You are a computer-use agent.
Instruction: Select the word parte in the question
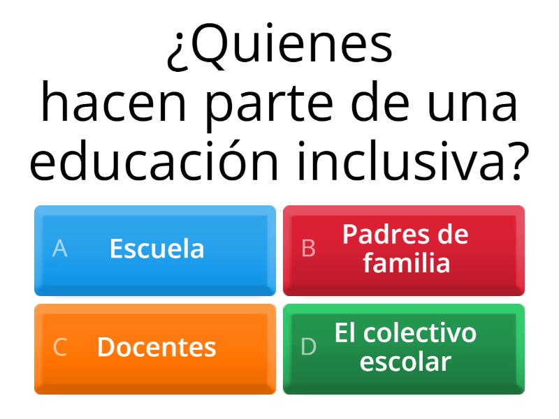click(270, 106)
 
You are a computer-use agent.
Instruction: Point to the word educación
click(154, 160)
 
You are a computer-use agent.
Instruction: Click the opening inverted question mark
click(178, 51)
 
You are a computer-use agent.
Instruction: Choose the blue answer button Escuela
click(155, 251)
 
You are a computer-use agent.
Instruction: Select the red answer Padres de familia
click(404, 251)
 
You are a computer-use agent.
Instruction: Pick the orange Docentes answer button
click(155, 349)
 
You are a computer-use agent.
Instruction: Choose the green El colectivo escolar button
click(404, 349)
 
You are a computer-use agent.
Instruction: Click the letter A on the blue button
click(59, 248)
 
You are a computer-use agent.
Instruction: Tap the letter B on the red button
click(308, 248)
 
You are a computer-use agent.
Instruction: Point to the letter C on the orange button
click(60, 346)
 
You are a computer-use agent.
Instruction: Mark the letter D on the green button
click(308, 346)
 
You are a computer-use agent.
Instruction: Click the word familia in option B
click(407, 263)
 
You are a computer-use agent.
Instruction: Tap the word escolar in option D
click(405, 362)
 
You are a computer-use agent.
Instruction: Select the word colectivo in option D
click(420, 333)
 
